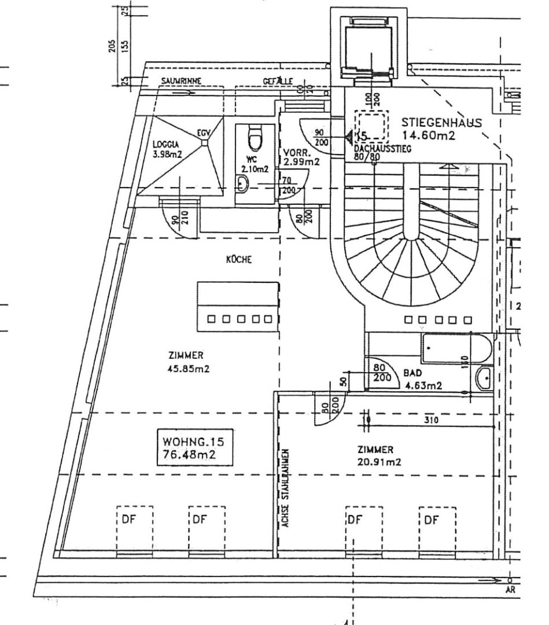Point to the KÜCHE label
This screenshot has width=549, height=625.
coord(239,260)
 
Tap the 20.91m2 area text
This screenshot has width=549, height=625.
coord(379,461)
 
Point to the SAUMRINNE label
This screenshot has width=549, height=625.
coord(180,81)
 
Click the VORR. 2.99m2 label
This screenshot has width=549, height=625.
coord(301,157)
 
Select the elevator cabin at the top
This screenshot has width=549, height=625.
coord(370,50)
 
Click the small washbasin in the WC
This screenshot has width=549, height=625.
coord(243,184)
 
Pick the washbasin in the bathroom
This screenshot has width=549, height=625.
coord(485,380)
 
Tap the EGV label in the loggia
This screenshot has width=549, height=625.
coord(203,133)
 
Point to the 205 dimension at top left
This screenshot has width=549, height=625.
coord(111,46)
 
